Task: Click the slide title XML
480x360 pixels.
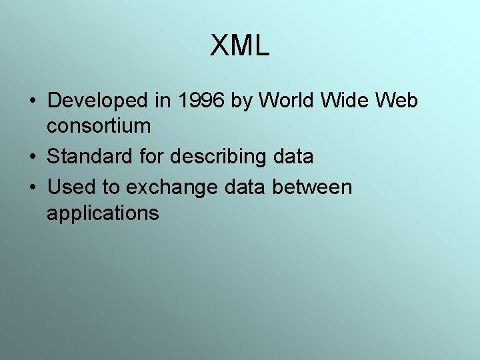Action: click(239, 46)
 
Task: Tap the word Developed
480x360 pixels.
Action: click(97, 101)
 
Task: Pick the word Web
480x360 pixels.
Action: click(397, 101)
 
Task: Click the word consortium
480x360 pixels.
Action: click(99, 125)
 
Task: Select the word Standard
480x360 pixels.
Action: click(87, 157)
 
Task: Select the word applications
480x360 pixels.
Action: click(103, 213)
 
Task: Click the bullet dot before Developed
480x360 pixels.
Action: click(32, 101)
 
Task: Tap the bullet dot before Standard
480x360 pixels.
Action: click(32, 157)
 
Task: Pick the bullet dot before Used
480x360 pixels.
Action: click(32, 188)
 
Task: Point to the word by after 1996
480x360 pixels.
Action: click(243, 102)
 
